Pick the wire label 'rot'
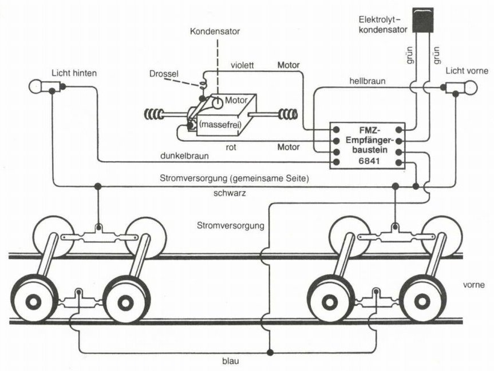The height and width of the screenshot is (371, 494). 231,147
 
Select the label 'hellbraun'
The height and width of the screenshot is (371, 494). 367,82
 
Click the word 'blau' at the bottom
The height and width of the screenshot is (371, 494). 231,361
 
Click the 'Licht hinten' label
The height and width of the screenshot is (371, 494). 74,73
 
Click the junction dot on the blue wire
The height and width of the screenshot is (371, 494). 270,352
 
